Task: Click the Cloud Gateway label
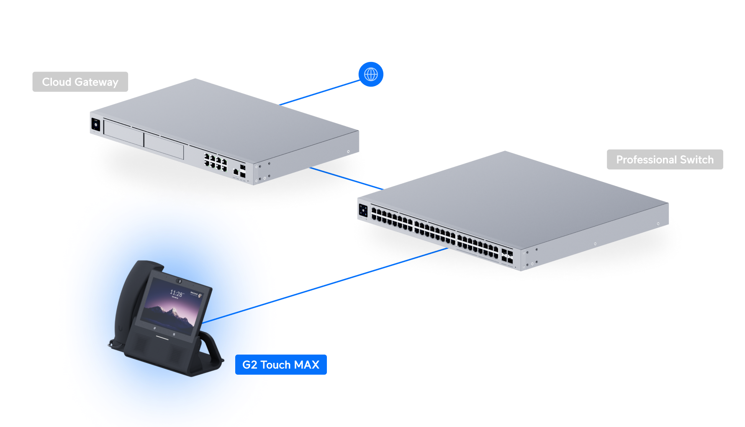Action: (80, 82)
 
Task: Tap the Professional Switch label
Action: (665, 159)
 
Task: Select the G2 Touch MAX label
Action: (281, 365)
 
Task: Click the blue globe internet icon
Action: (371, 75)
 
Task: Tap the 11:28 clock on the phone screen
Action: (176, 293)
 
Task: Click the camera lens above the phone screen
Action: (179, 280)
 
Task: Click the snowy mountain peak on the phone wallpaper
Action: (173, 311)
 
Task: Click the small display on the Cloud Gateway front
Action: (95, 124)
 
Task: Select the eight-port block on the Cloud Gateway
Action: (215, 162)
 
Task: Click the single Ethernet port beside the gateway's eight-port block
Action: (236, 172)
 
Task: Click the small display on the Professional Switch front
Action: (363, 210)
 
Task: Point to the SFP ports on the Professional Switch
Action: (507, 256)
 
